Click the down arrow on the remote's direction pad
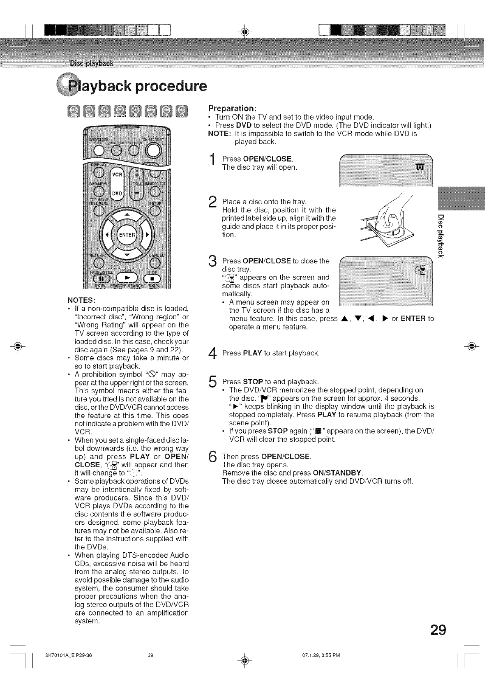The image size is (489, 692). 127,255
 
